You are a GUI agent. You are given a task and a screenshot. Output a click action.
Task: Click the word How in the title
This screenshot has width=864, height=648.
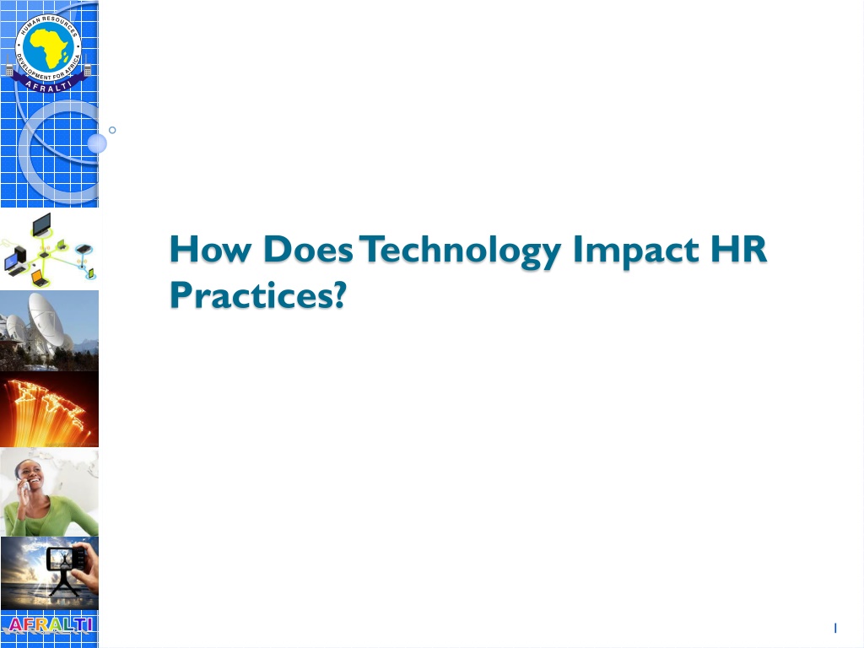click(210, 249)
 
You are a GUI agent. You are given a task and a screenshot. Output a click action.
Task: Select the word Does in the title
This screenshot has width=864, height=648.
click(307, 249)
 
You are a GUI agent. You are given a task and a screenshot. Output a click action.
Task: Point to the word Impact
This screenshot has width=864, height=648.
click(635, 251)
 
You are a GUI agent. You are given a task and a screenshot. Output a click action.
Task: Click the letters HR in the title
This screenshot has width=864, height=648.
click(738, 249)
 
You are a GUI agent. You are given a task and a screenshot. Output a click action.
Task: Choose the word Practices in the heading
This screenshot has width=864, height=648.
click(251, 294)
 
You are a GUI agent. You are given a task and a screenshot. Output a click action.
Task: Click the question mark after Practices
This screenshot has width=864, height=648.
click(339, 294)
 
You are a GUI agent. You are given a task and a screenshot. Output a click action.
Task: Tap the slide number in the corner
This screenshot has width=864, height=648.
click(835, 628)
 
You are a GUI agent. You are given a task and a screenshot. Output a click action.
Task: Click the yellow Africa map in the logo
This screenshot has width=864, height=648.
click(48, 47)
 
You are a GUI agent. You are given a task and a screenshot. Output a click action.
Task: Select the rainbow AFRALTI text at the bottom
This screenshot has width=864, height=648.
click(50, 624)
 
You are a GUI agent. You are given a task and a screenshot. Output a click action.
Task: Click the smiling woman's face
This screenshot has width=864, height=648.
click(30, 476)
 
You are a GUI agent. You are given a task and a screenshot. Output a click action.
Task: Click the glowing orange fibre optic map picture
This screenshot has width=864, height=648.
click(49, 409)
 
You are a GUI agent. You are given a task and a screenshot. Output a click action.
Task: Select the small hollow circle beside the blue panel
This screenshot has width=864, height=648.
click(112, 130)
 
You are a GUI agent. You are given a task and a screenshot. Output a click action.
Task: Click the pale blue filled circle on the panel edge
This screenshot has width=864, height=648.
click(97, 143)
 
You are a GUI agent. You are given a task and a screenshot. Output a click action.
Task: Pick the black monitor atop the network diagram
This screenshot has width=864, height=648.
click(42, 224)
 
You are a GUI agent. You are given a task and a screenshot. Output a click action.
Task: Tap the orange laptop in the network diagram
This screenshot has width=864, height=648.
click(39, 278)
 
